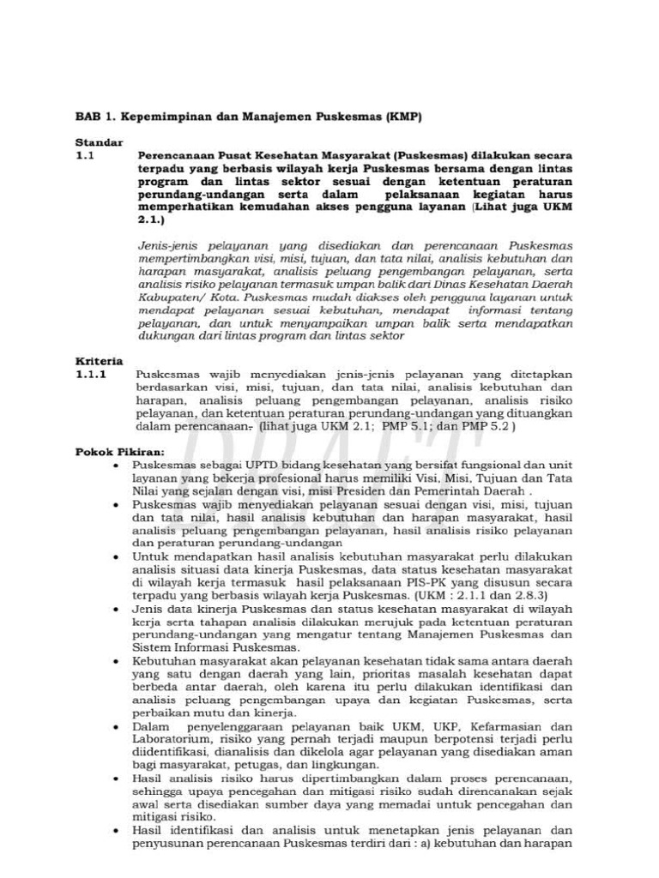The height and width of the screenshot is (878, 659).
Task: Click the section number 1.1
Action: click(85, 157)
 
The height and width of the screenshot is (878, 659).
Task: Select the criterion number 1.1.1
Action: click(90, 375)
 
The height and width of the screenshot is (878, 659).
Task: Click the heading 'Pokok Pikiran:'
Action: click(118, 451)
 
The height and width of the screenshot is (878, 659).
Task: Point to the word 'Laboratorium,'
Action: click(173, 738)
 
